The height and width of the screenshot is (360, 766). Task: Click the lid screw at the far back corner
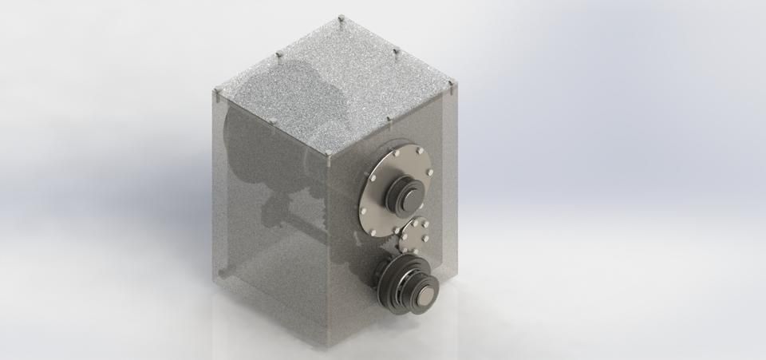[x=341, y=17]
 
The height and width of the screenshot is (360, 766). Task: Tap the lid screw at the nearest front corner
[x=328, y=152]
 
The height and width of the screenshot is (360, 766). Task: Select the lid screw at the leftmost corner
[x=217, y=93]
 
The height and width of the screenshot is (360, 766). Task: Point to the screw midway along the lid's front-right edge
[x=390, y=118]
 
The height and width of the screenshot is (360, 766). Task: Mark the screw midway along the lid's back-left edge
[x=279, y=54]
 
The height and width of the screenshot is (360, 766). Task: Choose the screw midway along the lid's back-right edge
[x=397, y=50]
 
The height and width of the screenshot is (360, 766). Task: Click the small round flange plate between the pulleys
[x=416, y=235]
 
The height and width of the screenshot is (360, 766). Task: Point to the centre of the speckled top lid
[x=335, y=84]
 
